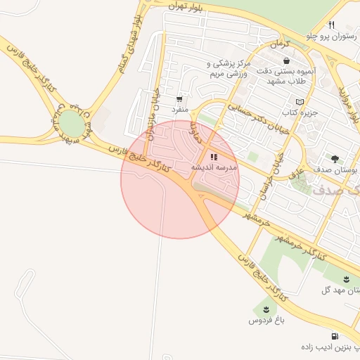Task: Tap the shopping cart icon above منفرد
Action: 180,99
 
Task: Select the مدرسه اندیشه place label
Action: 214,168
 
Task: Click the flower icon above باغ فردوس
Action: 266,309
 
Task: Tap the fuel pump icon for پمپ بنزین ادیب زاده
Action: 333,336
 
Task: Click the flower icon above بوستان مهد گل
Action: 347,279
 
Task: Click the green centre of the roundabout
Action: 71,125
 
